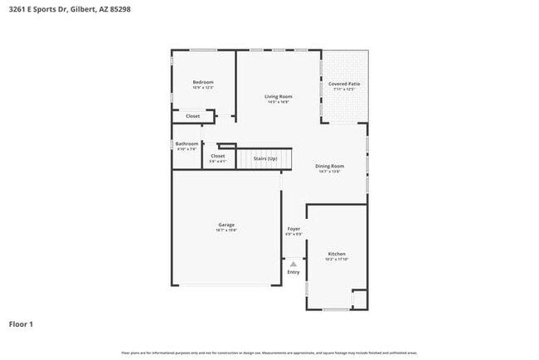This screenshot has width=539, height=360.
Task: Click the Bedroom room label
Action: point(203,82)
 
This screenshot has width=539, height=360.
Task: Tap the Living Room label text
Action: point(278,97)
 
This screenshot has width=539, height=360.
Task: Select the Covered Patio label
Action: point(344,84)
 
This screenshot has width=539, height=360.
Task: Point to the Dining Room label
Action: point(329,166)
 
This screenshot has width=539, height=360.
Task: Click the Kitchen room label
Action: point(337,254)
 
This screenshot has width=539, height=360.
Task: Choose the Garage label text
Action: point(226,225)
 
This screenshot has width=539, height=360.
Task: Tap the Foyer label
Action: point(294,229)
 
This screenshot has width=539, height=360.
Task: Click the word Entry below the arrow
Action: point(294,272)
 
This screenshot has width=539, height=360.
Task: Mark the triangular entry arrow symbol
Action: point(294,263)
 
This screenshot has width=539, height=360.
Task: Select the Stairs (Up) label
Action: point(265,158)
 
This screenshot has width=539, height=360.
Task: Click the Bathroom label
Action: point(187,144)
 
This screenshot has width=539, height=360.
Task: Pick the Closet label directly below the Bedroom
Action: point(192,116)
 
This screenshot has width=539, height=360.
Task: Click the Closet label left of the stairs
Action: point(218,156)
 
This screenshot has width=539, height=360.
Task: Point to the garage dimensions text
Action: point(226,231)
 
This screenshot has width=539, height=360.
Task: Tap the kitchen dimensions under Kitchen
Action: point(337,260)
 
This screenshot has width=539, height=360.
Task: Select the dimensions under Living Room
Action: point(278,103)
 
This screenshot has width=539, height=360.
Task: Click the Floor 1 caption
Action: point(21,324)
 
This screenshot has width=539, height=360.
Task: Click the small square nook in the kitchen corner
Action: point(359,299)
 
